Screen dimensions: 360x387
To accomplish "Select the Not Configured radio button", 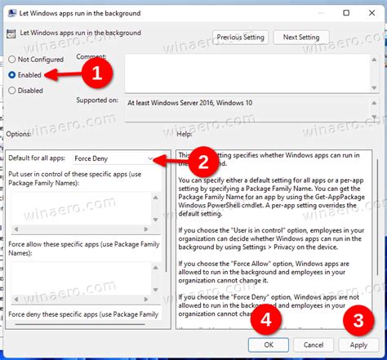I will [12, 60].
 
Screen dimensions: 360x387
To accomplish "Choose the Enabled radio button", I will [12, 74].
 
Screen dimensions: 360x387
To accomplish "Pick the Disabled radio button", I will [12, 91].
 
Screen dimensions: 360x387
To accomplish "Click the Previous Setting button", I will [241, 37].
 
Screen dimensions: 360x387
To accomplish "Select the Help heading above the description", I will [185, 133].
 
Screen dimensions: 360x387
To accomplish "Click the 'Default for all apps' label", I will [37, 158].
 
